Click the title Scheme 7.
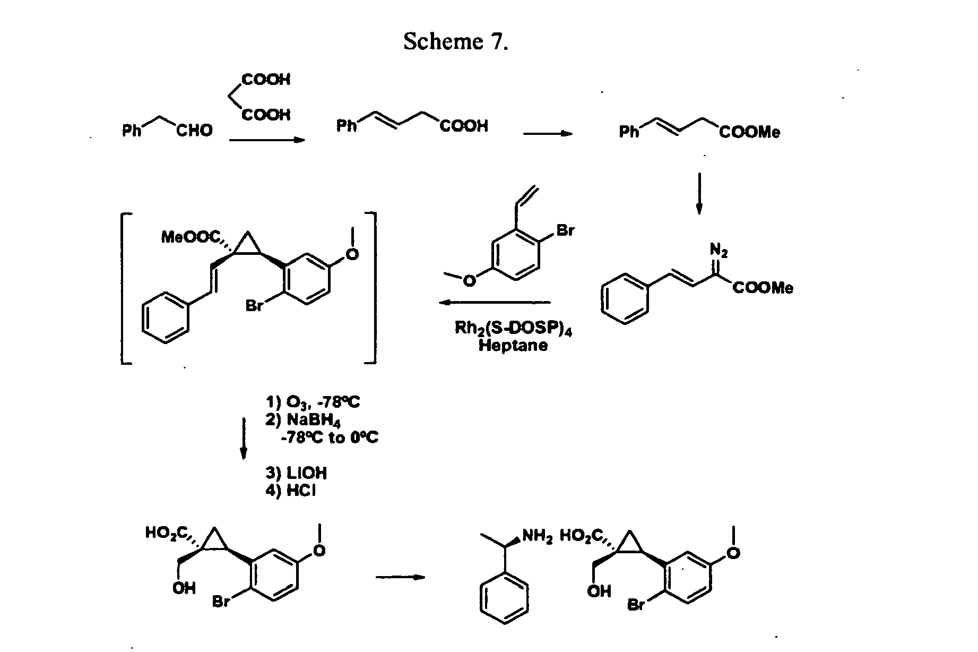(x=456, y=41)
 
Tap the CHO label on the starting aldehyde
(x=194, y=131)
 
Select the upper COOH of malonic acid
(x=266, y=80)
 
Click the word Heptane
(x=513, y=346)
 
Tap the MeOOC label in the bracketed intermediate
(x=191, y=237)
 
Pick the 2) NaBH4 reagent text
(x=303, y=420)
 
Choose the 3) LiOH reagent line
(x=296, y=473)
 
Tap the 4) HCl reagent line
(x=290, y=491)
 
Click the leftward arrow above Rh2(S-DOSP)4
(x=495, y=303)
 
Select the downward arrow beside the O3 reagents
(x=244, y=438)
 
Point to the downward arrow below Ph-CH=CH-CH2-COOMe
(x=699, y=193)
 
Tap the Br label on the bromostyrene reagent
(x=565, y=231)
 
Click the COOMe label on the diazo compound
(x=763, y=288)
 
